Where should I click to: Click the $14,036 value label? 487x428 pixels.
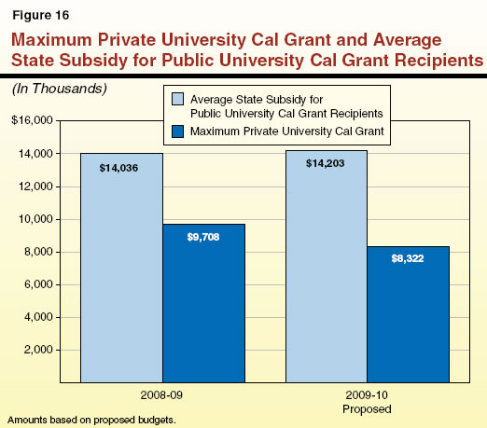pos(121,168)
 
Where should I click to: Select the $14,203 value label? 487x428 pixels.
pos(326,164)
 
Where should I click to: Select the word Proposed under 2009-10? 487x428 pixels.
pos(367,407)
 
